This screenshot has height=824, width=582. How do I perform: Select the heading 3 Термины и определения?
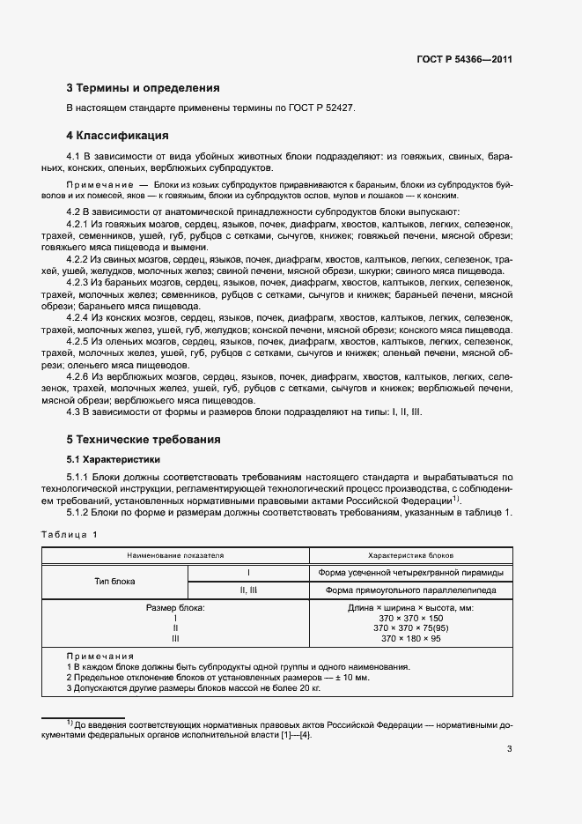point(144,88)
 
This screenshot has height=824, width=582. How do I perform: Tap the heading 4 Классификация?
point(118,136)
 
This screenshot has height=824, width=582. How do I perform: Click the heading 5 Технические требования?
point(144,439)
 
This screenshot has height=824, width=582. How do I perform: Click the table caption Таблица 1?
point(71,535)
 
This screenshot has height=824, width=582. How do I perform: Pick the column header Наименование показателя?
point(175,556)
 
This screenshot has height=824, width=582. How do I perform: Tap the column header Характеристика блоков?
point(409,556)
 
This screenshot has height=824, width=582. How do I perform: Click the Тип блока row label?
point(114,581)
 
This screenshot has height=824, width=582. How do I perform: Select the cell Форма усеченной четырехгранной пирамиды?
point(409,573)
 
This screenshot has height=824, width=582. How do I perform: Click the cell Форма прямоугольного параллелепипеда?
point(409,590)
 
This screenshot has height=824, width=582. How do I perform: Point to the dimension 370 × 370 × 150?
point(409,619)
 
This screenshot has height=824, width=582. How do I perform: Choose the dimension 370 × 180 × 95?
point(409,638)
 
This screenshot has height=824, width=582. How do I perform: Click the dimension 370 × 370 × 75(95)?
point(409,628)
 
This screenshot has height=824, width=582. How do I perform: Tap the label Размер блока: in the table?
point(175,609)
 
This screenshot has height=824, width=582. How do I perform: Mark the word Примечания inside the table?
point(99,657)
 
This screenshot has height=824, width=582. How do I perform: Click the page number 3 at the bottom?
point(509,750)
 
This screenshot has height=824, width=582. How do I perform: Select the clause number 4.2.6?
point(82,376)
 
